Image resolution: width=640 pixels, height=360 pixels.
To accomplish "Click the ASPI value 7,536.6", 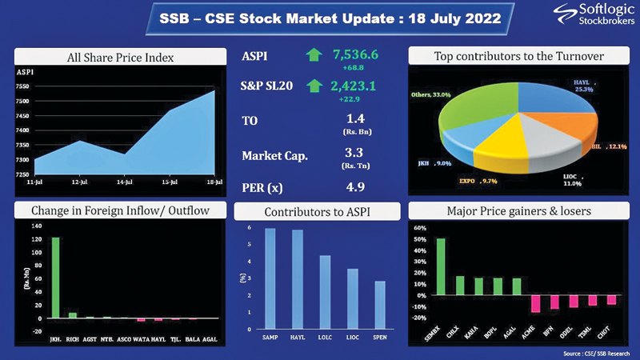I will (x=356, y=55).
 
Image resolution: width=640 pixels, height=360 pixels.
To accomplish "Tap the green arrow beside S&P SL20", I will (x=313, y=86).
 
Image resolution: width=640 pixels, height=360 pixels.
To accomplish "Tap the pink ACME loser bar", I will (x=534, y=303).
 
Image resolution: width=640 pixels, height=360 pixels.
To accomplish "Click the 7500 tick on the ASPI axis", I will (x=22, y=101).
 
